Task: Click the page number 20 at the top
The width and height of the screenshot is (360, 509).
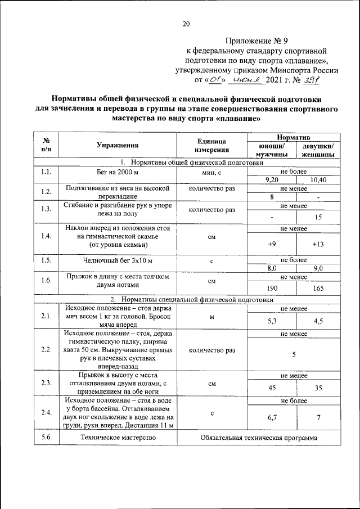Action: [186, 23]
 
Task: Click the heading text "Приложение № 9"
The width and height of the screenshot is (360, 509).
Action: [255, 41]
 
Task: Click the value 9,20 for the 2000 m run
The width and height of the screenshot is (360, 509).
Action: [272, 179]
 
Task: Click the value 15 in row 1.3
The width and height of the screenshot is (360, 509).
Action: [318, 217]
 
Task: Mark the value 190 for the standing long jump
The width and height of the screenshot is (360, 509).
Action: [272, 287]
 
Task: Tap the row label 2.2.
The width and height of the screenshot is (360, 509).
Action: [47, 349]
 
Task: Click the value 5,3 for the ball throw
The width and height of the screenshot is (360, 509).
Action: [272, 321]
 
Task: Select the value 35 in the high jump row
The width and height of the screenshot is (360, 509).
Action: [318, 388]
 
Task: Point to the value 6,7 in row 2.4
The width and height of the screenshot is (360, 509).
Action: [272, 418]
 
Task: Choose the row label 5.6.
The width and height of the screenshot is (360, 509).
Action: [47, 438]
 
